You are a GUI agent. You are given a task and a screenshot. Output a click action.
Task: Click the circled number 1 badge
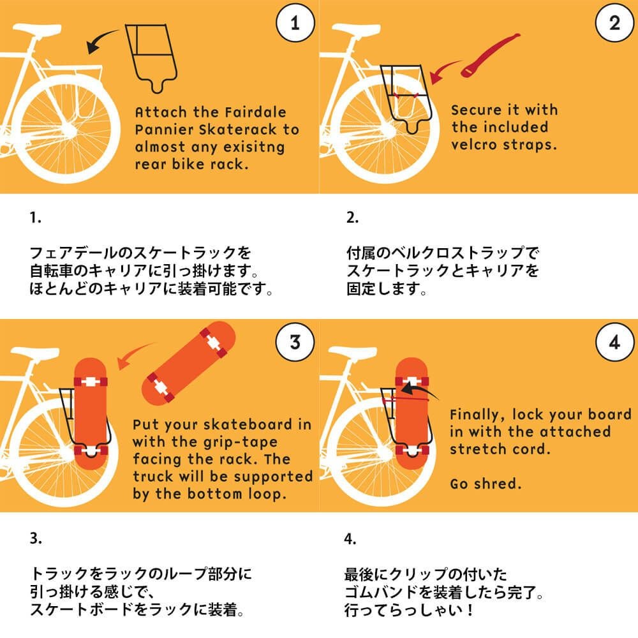click(x=295, y=24)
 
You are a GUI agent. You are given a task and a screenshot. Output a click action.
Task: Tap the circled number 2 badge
click(x=614, y=24)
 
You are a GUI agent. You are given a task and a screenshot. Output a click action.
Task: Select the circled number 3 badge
click(x=295, y=343)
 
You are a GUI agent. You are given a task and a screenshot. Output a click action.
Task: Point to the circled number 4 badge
click(x=614, y=343)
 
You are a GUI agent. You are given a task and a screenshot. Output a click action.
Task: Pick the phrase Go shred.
click(x=486, y=484)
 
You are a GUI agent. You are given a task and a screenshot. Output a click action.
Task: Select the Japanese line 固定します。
click(x=386, y=289)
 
